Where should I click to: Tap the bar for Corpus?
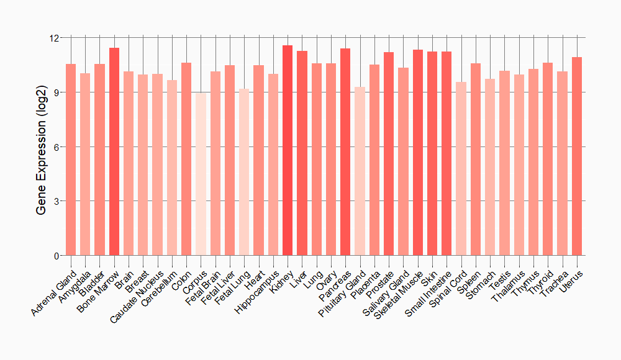201,174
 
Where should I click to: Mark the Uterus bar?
577,156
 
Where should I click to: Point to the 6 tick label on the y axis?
56,147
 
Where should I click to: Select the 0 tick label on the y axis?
56,256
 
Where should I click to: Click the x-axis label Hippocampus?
257,290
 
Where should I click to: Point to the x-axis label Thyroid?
540,280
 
